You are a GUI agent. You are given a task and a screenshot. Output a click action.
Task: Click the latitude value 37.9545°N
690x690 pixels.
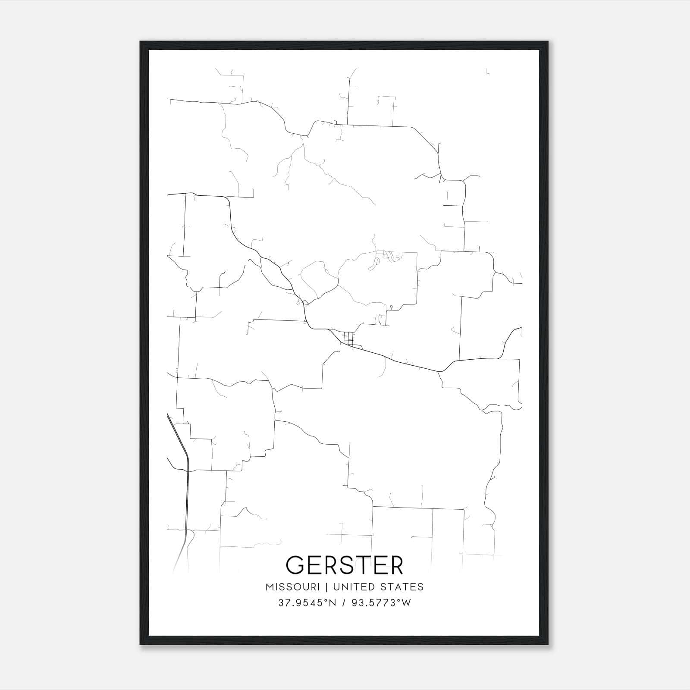coord(307,603)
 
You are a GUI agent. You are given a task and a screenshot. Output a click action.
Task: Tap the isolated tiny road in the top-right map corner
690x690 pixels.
coord(487,71)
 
